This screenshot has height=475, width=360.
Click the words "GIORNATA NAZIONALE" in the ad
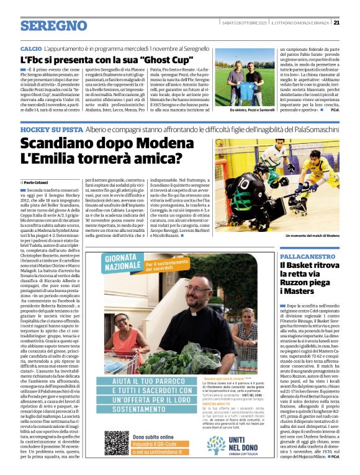coord(125,264)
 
